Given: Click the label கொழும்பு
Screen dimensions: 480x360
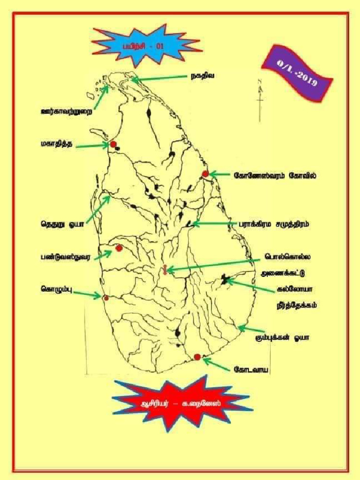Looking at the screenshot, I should [x=56, y=289].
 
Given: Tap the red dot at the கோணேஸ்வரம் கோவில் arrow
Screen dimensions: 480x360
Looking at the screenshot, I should [x=205, y=174].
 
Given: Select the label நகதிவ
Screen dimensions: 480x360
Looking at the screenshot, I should [x=202, y=76].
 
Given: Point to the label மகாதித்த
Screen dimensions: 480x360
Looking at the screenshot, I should [x=55, y=144].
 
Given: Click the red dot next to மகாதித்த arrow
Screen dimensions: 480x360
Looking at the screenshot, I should [x=113, y=144].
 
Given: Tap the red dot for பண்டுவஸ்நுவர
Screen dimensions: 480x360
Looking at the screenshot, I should [x=119, y=248].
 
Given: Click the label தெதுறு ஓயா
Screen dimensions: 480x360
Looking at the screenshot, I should [x=61, y=224].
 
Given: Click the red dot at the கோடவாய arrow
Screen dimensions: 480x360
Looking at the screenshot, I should [x=197, y=357].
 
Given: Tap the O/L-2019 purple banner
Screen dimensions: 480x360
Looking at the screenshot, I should [x=297, y=73].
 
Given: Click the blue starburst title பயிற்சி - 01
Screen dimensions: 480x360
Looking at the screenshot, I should [x=148, y=45].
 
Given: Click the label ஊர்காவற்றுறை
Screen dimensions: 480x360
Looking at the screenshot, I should [x=66, y=112].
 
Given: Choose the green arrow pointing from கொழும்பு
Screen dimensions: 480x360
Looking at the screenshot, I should [x=87, y=294].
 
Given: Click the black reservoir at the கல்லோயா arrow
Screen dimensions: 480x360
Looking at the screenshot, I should [x=225, y=280].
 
